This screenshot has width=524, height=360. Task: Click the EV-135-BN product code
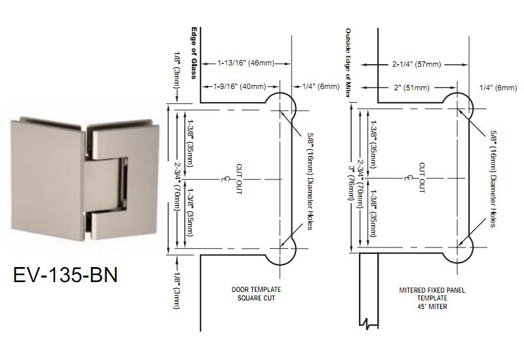(65, 274)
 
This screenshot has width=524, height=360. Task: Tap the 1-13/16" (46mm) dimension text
(246, 63)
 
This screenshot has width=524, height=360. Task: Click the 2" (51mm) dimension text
(411, 86)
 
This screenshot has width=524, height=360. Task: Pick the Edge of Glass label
(194, 52)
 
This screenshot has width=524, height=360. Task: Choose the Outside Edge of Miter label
(348, 62)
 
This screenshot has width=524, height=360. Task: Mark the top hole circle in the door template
(280, 107)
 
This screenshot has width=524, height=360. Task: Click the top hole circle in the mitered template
(457, 107)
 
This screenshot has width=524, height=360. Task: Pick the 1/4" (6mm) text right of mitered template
(498, 87)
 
